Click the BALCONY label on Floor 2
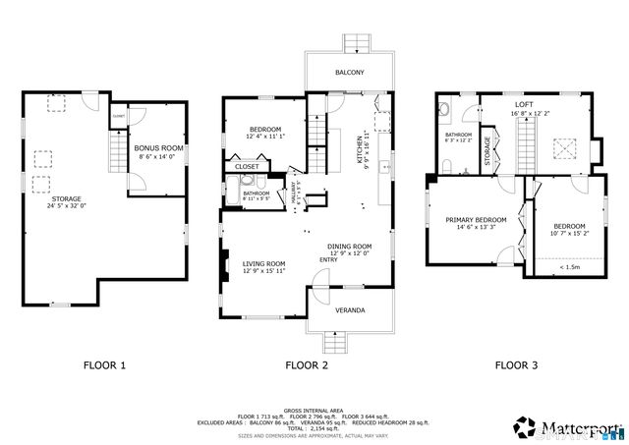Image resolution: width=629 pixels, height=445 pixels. (349, 73)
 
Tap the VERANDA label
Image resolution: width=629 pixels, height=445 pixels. (350, 310)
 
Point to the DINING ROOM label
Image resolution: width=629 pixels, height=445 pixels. (349, 246)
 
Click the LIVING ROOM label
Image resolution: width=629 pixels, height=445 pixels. (263, 263)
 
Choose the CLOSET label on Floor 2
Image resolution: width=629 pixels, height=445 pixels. (247, 167)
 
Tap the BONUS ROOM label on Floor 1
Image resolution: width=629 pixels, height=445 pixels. (159, 147)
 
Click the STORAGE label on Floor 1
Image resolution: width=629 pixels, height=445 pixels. (39, 198)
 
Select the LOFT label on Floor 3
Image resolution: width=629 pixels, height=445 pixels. (524, 103)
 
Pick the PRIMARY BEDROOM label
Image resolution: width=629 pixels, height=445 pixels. (476, 219)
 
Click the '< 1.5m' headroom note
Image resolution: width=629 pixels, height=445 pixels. (568, 266)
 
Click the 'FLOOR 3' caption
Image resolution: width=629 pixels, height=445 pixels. (516, 365)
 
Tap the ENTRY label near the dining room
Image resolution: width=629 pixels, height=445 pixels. (328, 259)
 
